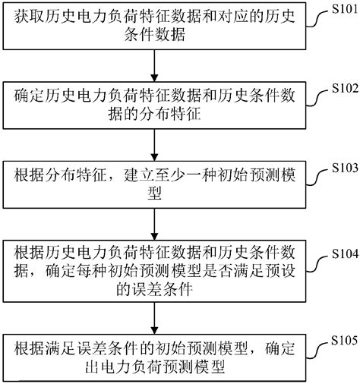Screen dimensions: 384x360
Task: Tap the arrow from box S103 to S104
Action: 155,223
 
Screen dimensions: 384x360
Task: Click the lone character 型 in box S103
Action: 155,193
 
